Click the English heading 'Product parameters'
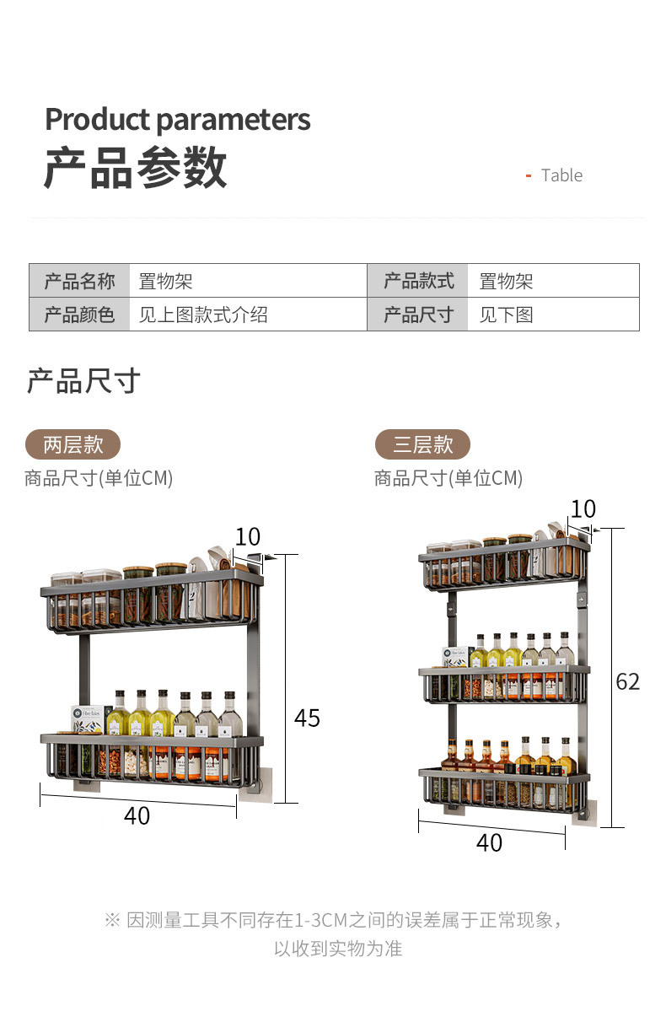point(177,120)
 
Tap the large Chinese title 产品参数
point(135,168)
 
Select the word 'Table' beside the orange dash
point(561,175)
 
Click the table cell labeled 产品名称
point(79,281)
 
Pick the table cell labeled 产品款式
point(418,281)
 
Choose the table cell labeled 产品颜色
point(79,315)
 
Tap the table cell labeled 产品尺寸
point(418,315)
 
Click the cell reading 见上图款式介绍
point(203,315)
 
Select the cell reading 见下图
point(506,315)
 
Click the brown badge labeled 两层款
point(73,444)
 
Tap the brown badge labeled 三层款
point(422,444)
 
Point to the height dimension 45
point(307,718)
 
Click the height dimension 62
point(628,681)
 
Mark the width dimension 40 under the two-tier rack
point(137,815)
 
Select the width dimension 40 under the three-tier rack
point(489,842)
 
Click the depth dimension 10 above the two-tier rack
point(248,537)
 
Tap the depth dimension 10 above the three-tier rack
point(583,509)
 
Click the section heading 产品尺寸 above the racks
point(83,381)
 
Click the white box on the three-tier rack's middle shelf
point(457,656)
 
